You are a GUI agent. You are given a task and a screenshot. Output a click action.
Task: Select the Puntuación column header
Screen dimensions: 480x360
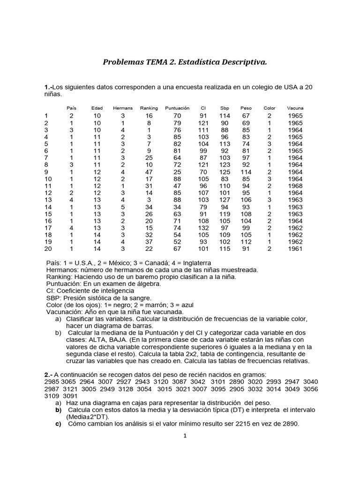177,108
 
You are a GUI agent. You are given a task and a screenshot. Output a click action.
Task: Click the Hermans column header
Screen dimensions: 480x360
123,108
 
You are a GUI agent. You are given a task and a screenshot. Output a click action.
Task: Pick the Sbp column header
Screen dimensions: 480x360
225,108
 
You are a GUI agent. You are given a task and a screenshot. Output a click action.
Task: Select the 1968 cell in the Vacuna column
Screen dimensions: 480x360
295,186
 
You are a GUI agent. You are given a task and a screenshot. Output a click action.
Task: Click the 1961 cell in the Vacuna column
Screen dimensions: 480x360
295,249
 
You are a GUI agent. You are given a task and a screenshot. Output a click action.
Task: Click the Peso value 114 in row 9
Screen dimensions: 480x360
246,172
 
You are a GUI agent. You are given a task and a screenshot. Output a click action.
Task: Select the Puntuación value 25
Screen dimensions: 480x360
177,172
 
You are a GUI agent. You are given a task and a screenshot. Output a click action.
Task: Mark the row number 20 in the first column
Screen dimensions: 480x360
47,249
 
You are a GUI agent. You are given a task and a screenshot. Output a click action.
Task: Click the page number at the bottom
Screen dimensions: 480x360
185,435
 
